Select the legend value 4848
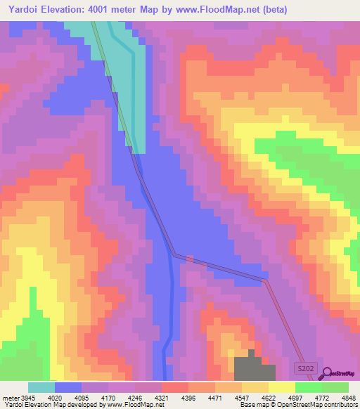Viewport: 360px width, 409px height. [x=348, y=397]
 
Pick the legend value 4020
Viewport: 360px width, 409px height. [x=53, y=397]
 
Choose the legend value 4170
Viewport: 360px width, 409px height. [x=108, y=397]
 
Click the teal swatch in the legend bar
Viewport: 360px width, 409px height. [x=41, y=387]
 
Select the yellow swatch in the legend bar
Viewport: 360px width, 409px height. [x=281, y=387]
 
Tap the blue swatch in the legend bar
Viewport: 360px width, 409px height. [x=68, y=387]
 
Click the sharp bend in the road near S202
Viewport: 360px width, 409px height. [x=266, y=280]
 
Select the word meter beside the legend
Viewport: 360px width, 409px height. [x=9, y=397]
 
